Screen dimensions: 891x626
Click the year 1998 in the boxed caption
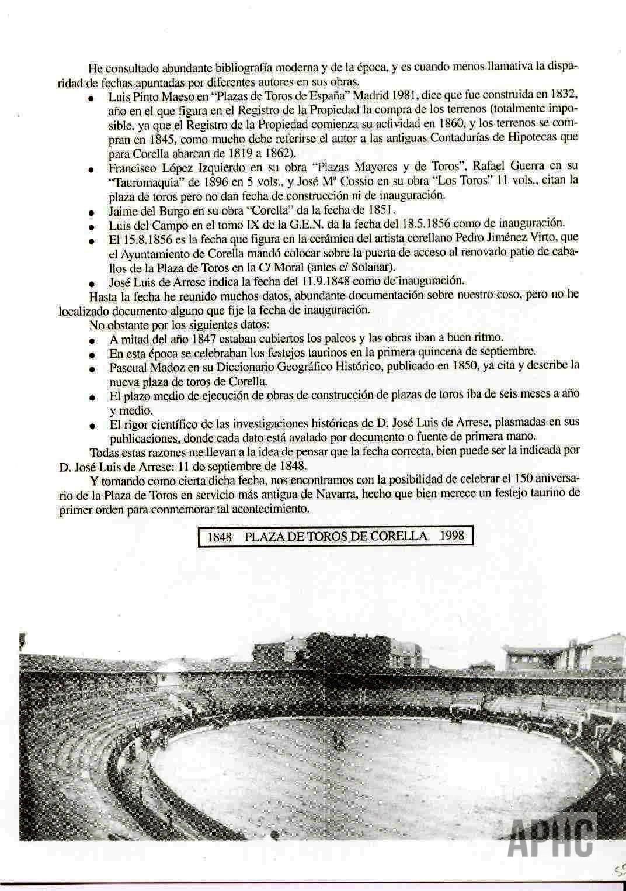click(x=453, y=536)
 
